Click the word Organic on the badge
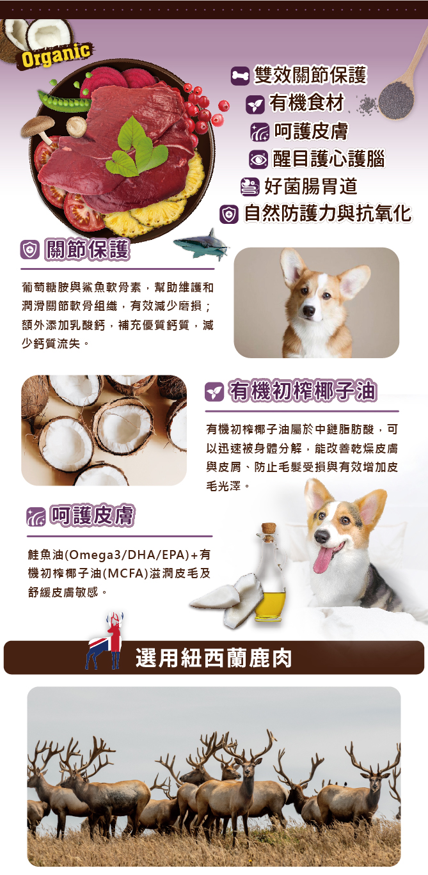pyautogui.click(x=56, y=56)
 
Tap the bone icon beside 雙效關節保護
pyautogui.click(x=240, y=75)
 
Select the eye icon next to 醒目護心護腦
pyautogui.click(x=258, y=159)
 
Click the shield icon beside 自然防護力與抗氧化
pyautogui.click(x=228, y=214)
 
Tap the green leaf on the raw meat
pyautogui.click(x=136, y=148)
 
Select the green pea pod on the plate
pyautogui.click(x=65, y=99)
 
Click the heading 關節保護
pyautogui.click(x=88, y=250)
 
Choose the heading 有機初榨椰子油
pyautogui.click(x=303, y=391)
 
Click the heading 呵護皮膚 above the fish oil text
pyautogui.click(x=93, y=516)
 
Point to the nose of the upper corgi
pyautogui.click(x=308, y=311)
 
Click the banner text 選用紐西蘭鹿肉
pyautogui.click(x=214, y=658)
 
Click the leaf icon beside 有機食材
pyautogui.click(x=255, y=104)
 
